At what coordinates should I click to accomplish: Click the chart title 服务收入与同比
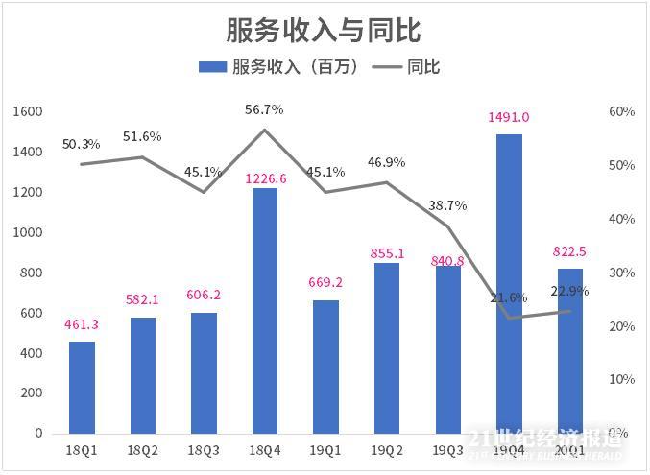point(324,30)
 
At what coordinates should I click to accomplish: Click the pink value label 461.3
point(82,324)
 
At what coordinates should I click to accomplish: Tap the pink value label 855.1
point(387,253)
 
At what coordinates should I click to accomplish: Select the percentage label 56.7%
point(264,109)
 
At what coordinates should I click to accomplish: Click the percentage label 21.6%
point(510,297)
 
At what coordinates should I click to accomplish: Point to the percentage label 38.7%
point(448,204)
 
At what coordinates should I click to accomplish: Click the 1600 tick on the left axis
point(30,112)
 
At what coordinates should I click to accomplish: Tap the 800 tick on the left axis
point(33,273)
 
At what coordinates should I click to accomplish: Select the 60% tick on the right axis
point(622,112)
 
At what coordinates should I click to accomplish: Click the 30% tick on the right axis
point(622,273)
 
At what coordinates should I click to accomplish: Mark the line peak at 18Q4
point(265,130)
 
